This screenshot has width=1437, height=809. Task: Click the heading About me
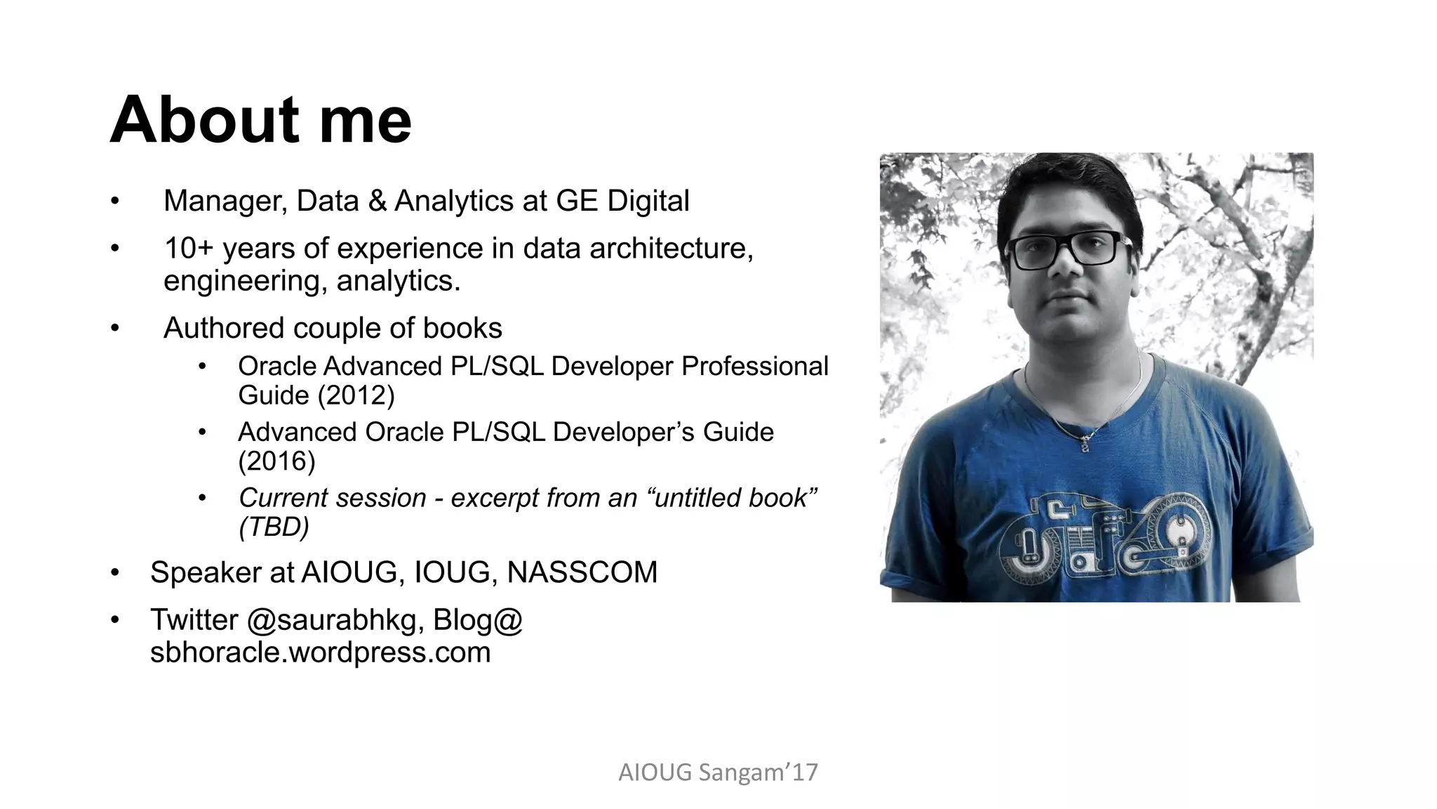tap(260, 121)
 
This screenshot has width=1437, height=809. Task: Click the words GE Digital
tap(622, 201)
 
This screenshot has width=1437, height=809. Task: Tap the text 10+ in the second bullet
tap(188, 249)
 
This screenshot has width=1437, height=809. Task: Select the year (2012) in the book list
tap(356, 395)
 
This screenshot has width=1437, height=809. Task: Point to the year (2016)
tap(277, 461)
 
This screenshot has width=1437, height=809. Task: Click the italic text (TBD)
tap(274, 527)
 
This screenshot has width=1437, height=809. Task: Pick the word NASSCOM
tap(582, 572)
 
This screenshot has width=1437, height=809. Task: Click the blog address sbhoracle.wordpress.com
tap(320, 652)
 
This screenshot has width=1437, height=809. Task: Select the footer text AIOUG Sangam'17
tap(718, 772)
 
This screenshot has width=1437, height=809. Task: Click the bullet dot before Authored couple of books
tap(115, 329)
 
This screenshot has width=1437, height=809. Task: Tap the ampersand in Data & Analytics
tap(377, 202)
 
